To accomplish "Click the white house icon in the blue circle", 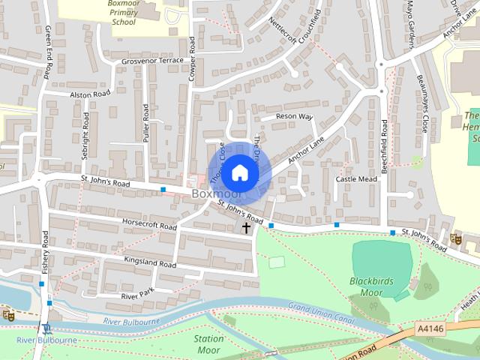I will (239, 173).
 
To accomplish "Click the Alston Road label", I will (89, 94).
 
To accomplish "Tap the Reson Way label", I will (294, 117).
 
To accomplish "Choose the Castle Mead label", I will (356, 179).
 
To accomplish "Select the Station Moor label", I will (209, 343).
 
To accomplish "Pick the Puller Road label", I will (146, 122).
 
